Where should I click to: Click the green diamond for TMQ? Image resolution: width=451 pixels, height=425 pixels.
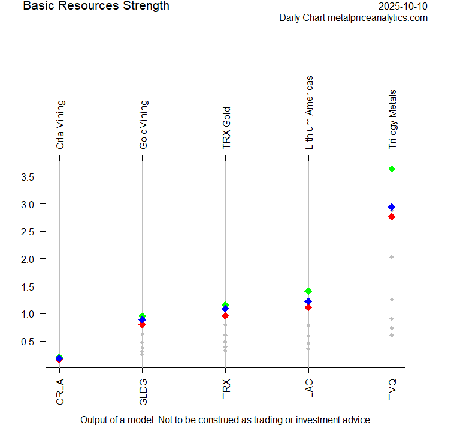tap(392, 169)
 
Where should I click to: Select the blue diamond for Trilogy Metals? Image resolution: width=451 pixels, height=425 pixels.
tap(392, 207)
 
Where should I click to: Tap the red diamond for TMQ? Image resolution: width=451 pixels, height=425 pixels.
tap(392, 217)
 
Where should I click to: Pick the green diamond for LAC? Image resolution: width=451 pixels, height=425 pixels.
tap(308, 291)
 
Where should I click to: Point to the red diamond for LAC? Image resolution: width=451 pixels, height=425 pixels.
tap(308, 307)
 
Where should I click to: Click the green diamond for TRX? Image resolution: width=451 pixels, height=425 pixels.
tap(225, 305)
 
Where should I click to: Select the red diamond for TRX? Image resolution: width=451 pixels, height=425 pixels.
tap(225, 316)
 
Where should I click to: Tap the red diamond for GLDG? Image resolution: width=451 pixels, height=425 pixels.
tap(142, 325)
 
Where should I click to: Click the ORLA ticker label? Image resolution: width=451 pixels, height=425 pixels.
tap(59, 390)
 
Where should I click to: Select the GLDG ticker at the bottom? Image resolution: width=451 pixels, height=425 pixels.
tap(143, 390)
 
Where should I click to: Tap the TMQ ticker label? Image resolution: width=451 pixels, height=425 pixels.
tap(392, 390)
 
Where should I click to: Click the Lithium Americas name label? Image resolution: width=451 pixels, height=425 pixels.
tap(309, 112)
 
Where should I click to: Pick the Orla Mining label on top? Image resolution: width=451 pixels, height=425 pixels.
tap(60, 124)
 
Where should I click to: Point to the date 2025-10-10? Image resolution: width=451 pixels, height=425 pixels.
tap(403, 7)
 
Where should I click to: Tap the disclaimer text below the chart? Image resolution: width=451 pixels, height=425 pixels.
tap(225, 420)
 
